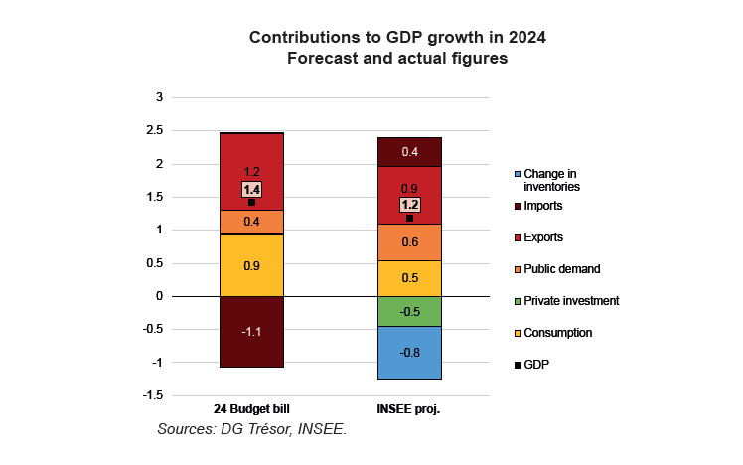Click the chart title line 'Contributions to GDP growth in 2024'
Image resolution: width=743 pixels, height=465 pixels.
click(x=397, y=37)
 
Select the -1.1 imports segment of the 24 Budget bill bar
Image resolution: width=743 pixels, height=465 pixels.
click(x=251, y=332)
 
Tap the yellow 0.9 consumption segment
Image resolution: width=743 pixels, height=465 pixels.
click(x=251, y=265)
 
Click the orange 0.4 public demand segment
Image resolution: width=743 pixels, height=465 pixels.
click(x=251, y=222)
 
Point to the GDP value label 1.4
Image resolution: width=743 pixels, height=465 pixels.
click(x=251, y=189)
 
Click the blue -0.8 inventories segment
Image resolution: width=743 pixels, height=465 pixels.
click(x=409, y=353)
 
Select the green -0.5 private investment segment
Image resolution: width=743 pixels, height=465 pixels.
click(x=409, y=311)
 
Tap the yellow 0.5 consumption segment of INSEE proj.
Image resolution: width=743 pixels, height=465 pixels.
click(x=409, y=278)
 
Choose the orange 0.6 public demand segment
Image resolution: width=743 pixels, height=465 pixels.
click(x=409, y=241)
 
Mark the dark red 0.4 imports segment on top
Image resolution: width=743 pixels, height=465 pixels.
click(x=409, y=151)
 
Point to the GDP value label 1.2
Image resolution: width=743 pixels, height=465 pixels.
click(x=409, y=205)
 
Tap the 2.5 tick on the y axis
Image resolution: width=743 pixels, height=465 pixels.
click(x=153, y=130)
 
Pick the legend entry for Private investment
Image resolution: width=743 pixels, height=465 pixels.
click(x=571, y=300)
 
